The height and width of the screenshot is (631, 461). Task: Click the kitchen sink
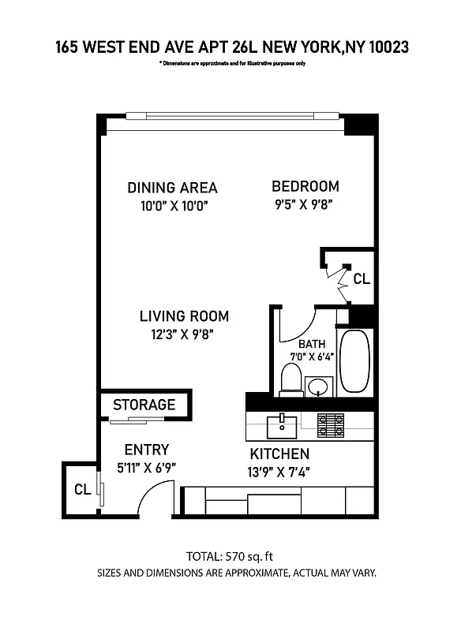pyautogui.click(x=281, y=427)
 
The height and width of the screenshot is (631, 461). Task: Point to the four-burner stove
pyautogui.click(x=332, y=425)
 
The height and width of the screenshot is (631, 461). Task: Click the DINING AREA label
pyautogui.click(x=172, y=188)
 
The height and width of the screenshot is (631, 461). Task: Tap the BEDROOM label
pyautogui.click(x=305, y=187)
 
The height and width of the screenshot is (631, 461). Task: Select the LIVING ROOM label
pyautogui.click(x=184, y=316)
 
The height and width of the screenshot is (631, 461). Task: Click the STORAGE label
pyautogui.click(x=144, y=405)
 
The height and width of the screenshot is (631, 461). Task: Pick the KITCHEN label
pyautogui.click(x=279, y=454)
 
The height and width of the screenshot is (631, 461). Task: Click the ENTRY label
pyautogui.click(x=147, y=450)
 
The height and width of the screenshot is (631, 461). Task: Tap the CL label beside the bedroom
pyautogui.click(x=361, y=278)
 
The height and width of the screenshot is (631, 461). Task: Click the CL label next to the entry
pyautogui.click(x=82, y=489)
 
